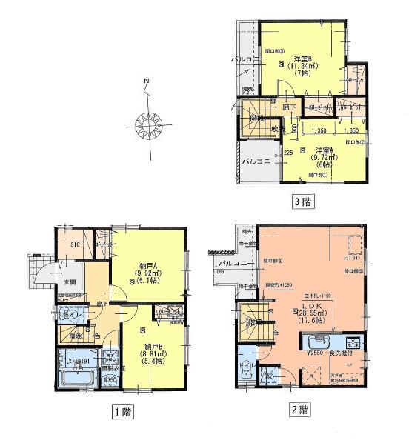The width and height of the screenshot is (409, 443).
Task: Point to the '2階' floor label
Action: (300, 408)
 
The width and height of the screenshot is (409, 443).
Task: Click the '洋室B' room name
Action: (301, 58)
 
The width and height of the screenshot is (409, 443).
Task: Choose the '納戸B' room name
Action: (149, 347)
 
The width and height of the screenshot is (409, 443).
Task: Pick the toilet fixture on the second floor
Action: (247, 368)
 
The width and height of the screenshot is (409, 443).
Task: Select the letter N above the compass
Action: (146, 81)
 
